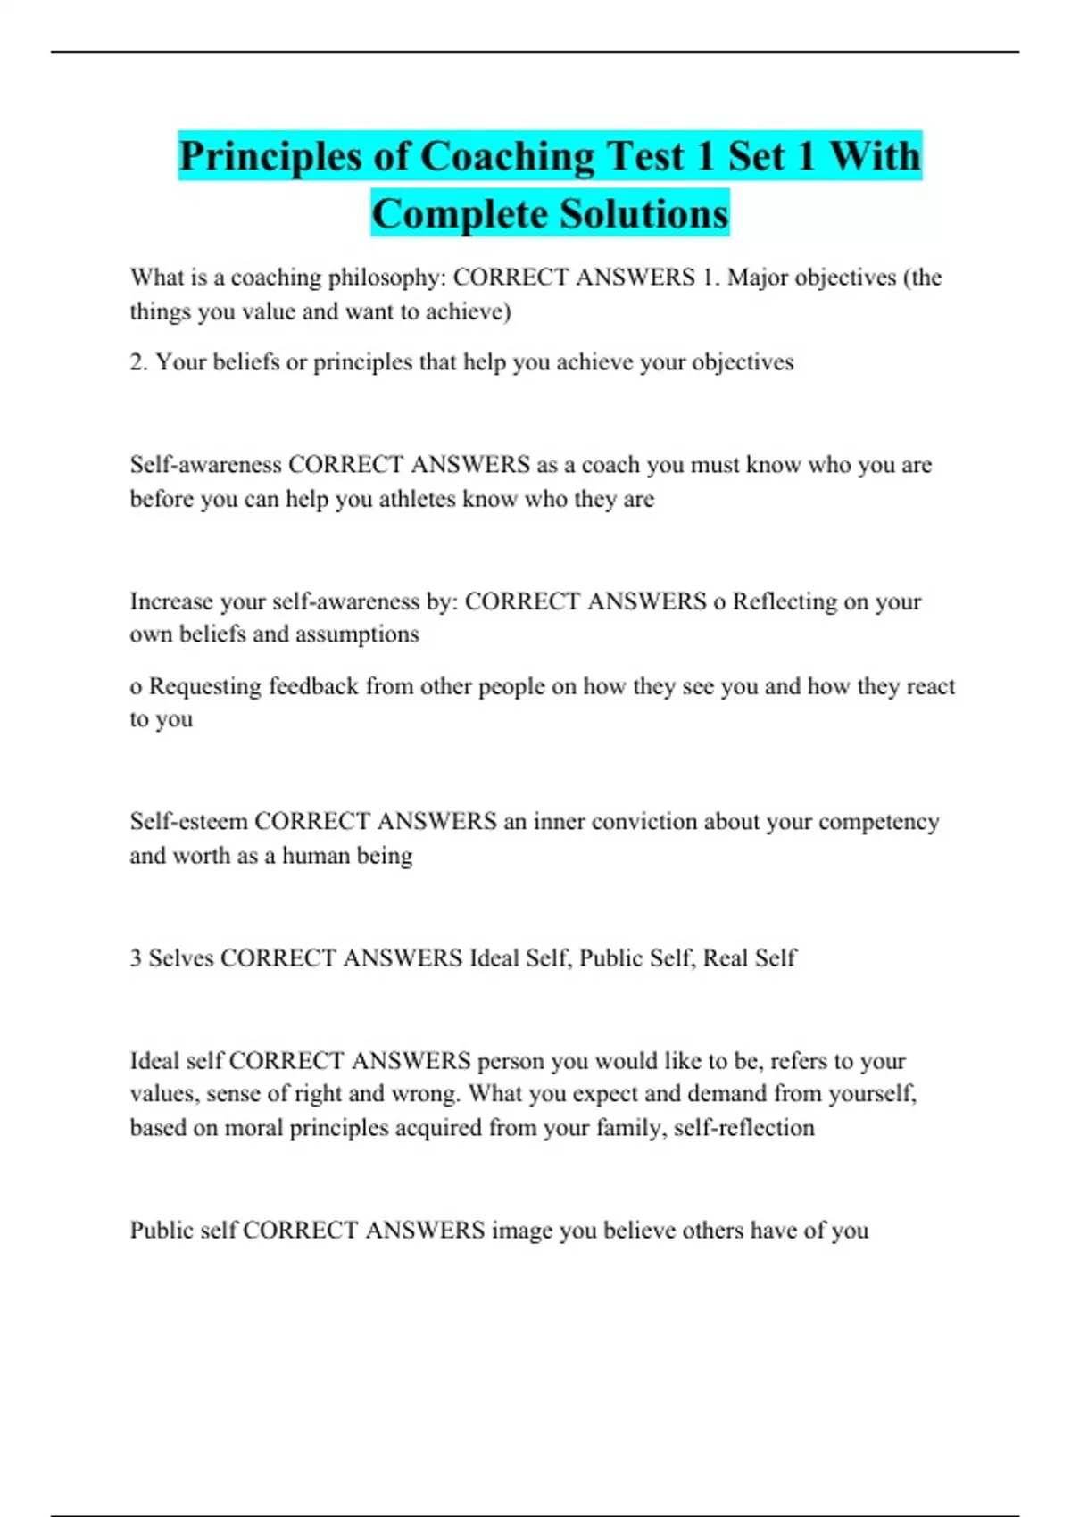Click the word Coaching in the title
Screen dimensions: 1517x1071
(x=506, y=156)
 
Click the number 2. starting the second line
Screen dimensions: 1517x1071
(x=139, y=362)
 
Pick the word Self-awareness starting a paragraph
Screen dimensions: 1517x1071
(x=205, y=465)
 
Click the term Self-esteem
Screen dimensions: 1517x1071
(x=188, y=821)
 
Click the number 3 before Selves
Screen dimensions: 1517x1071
(x=136, y=958)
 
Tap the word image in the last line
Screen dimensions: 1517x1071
(x=521, y=1231)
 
